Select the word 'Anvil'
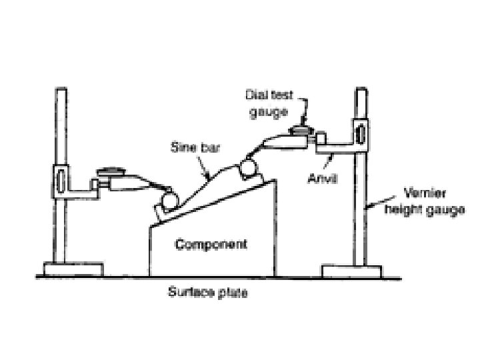coord(323,178)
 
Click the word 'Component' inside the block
coord(211,245)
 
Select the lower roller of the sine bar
coord(167,199)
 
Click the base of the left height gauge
coord(73,269)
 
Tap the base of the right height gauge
coord(351,272)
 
